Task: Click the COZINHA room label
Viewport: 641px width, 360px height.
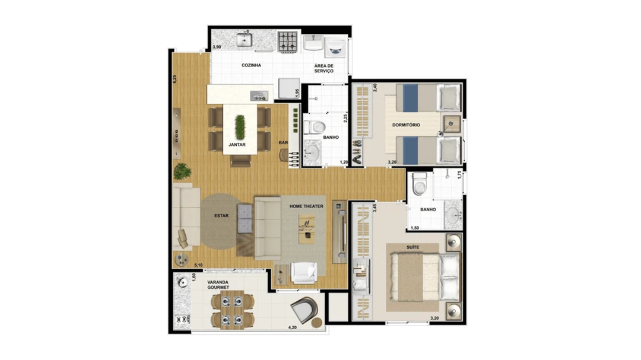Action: [x=251, y=65]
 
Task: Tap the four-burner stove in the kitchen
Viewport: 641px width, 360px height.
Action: [x=288, y=42]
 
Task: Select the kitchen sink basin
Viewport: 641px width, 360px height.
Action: [x=245, y=40]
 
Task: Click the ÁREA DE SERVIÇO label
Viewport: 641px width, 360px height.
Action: [x=324, y=68]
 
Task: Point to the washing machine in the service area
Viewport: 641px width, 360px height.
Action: [x=335, y=48]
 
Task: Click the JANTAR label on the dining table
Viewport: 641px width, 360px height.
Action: [x=237, y=145]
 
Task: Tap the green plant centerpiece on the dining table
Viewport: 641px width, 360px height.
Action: [x=240, y=127]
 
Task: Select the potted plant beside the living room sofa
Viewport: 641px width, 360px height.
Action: [x=182, y=171]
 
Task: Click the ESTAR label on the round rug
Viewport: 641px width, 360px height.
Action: [x=221, y=216]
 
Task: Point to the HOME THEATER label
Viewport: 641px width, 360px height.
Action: [x=307, y=206]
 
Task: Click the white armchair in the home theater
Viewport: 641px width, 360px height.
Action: [x=304, y=273]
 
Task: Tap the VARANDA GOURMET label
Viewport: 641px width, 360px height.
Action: [x=218, y=285]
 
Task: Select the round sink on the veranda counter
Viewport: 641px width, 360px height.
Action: [x=182, y=282]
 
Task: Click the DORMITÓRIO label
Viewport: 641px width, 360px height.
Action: [x=406, y=125]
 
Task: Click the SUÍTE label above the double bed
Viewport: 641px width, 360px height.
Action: [x=413, y=247]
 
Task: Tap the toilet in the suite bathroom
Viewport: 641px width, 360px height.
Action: [x=420, y=184]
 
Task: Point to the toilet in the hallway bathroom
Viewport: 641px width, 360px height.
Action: [x=314, y=127]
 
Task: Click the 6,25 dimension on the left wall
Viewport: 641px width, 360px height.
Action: [x=174, y=79]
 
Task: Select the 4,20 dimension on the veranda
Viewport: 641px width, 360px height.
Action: [x=292, y=327]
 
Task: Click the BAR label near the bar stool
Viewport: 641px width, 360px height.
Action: [x=283, y=142]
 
